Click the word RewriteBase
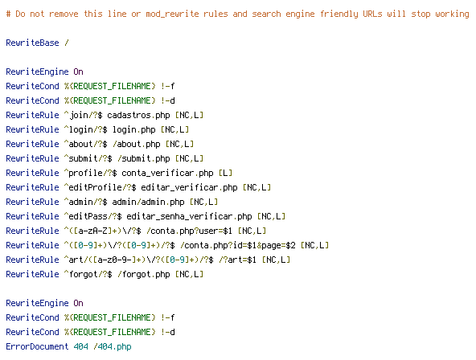point(32,43)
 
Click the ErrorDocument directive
point(37,346)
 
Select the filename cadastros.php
point(138,115)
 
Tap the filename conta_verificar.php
point(167,174)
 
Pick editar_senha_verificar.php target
point(189,216)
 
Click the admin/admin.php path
point(148,202)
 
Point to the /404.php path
point(113,346)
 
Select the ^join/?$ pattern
point(83,115)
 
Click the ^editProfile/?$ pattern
point(101,187)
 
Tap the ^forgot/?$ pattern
point(88,274)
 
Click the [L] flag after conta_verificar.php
point(226,174)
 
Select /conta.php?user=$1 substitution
point(190,231)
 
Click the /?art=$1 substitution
point(238,260)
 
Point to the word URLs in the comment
point(372,14)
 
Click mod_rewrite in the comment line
point(172,14)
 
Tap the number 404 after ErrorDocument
point(80,346)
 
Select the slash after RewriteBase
point(67,43)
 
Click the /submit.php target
point(144,158)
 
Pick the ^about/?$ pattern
point(85,144)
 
